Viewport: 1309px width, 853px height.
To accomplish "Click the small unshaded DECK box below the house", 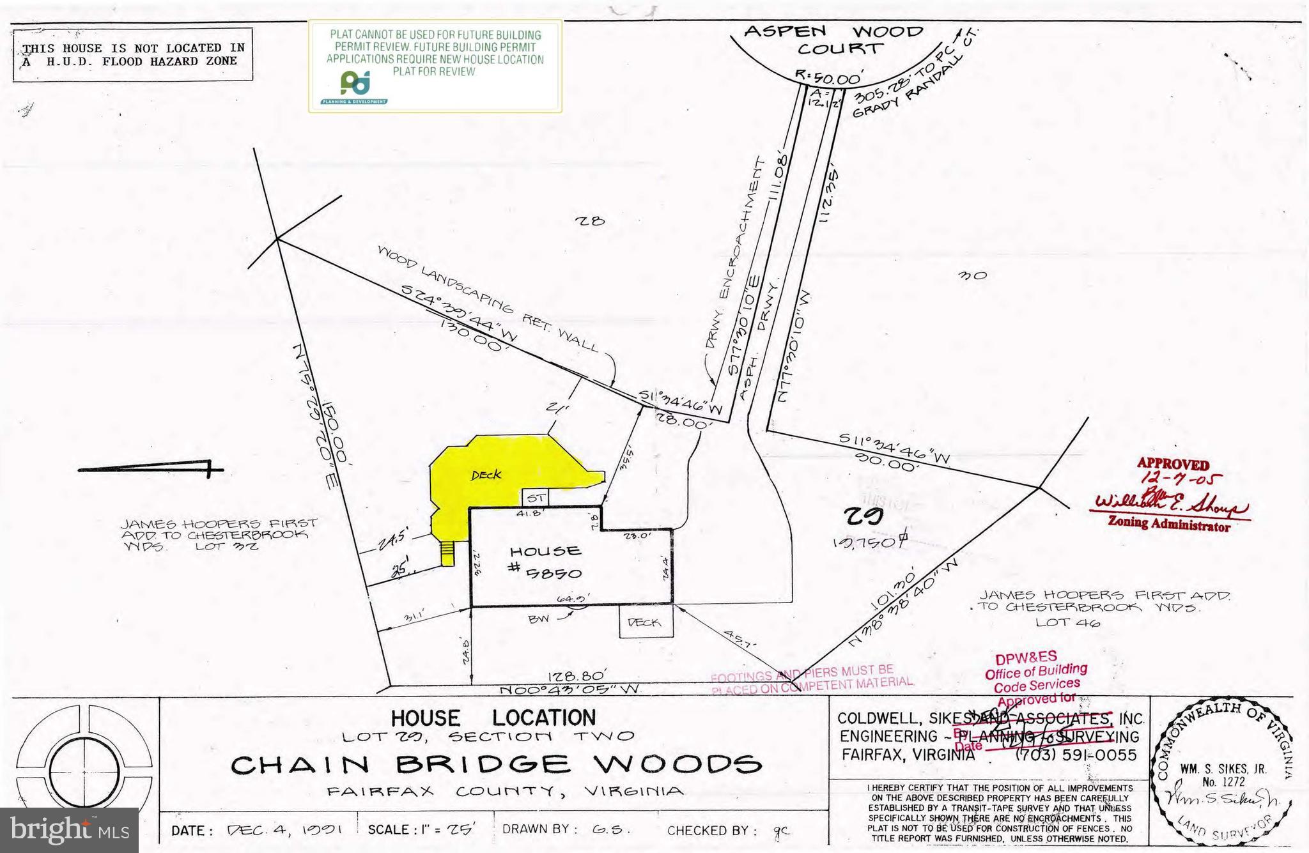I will pyautogui.click(x=646, y=622).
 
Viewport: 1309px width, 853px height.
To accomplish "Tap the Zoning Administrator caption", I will pyautogui.click(x=1168, y=525).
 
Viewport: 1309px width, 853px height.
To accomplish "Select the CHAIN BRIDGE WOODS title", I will pyautogui.click(x=496, y=764).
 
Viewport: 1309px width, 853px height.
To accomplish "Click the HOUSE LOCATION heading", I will pyautogui.click(x=493, y=718).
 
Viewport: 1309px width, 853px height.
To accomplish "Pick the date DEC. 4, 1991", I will pyautogui.click(x=286, y=831).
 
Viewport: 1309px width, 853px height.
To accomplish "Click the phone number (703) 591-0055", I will pyautogui.click(x=1076, y=755).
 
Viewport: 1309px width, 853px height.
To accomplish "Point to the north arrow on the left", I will pyautogui.click(x=151, y=470).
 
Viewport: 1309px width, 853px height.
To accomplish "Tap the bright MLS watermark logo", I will pyautogui.click(x=69, y=830).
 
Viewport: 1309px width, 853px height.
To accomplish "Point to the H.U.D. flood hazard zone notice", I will pyautogui.click(x=132, y=55).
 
